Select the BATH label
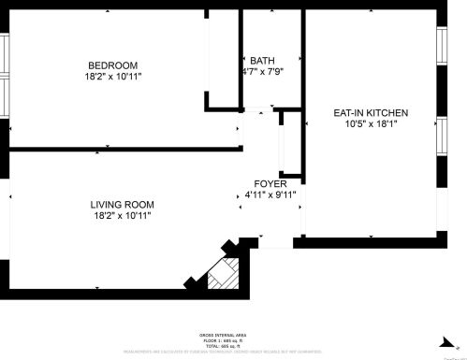pyautogui.click(x=250, y=61)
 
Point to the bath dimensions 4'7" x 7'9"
pyautogui.click(x=249, y=72)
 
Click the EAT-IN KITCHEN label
pyautogui.click(x=372, y=112)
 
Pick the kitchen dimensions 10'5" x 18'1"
pyautogui.click(x=372, y=124)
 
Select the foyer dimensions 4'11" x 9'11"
pyautogui.click(x=270, y=195)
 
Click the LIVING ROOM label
pyautogui.click(x=122, y=204)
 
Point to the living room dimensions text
pyautogui.click(x=122, y=216)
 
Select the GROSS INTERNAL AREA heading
pyautogui.click(x=222, y=334)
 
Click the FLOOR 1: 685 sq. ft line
pyautogui.click(x=222, y=339)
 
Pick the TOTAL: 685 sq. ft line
pyautogui.click(x=222, y=345)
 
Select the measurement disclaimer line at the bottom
pyautogui.click(x=222, y=353)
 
